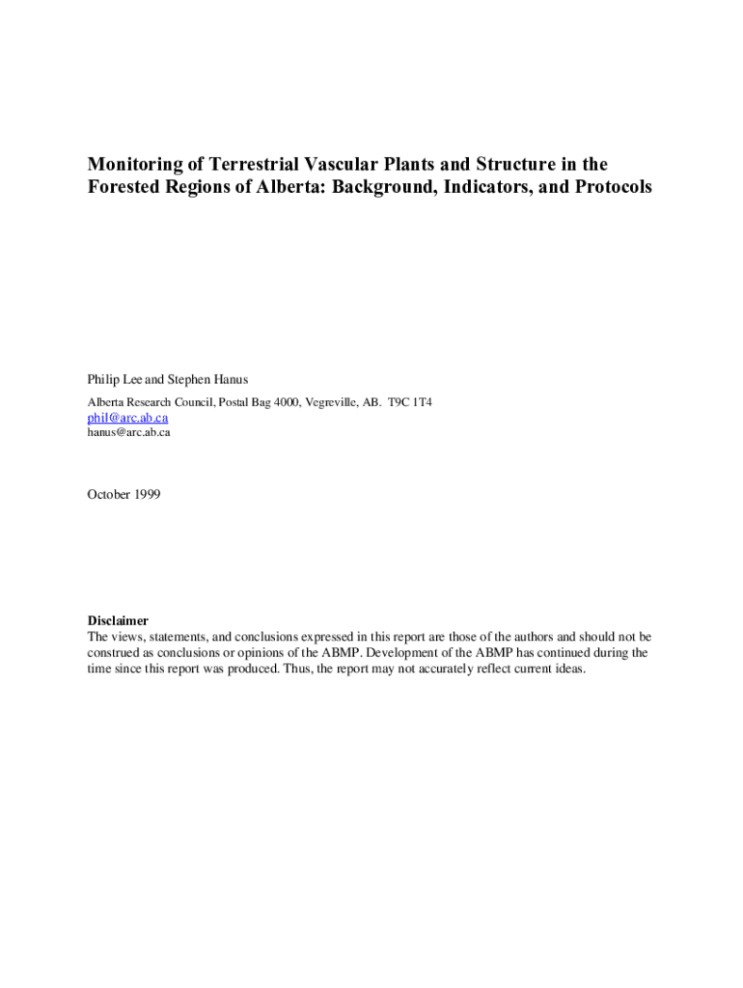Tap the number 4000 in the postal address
tap(286, 401)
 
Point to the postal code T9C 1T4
tap(410, 401)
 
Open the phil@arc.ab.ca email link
tap(127, 418)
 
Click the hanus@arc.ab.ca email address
tap(129, 432)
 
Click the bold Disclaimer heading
tap(118, 621)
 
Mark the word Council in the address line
tap(189, 401)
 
